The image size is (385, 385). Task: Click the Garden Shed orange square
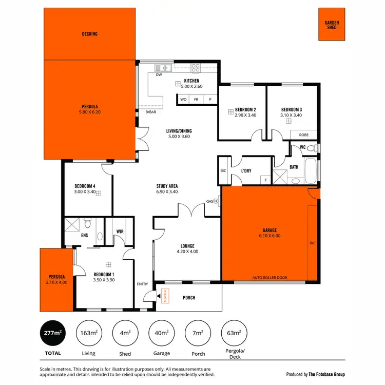click(332, 24)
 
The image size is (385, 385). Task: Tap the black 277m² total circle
click(51, 334)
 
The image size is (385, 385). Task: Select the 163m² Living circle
click(88, 334)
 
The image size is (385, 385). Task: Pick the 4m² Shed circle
click(125, 334)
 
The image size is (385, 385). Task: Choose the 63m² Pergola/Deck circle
click(234, 334)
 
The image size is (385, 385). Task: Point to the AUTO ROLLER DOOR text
click(269, 278)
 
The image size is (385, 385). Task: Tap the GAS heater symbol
click(216, 201)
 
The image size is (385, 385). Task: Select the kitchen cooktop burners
click(195, 67)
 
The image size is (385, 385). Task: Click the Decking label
click(90, 34)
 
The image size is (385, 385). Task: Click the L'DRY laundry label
click(246, 170)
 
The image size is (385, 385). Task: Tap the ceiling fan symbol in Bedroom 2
click(230, 111)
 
